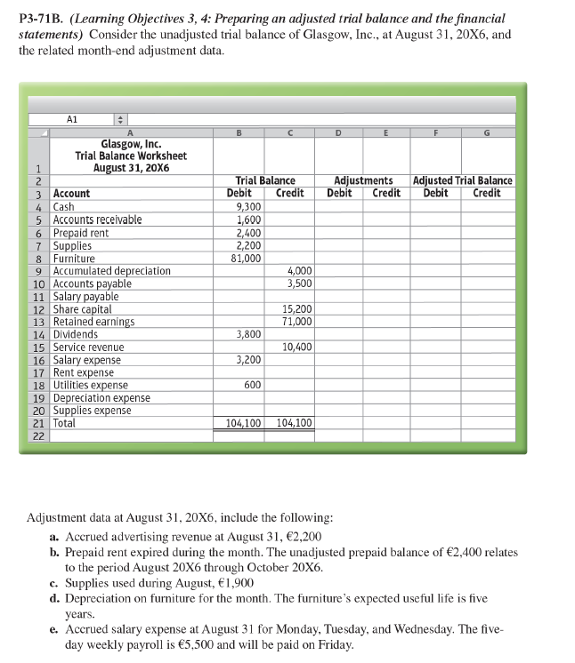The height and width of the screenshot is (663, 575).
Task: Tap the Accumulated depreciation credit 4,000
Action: tap(300, 271)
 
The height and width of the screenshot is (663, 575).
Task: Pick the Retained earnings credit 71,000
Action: tap(296, 322)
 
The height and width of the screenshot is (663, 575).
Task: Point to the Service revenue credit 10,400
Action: tap(296, 347)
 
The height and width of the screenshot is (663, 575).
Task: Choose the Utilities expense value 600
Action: tap(252, 385)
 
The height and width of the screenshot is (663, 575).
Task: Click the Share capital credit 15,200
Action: tap(296, 309)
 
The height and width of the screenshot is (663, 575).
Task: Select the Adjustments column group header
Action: tap(363, 180)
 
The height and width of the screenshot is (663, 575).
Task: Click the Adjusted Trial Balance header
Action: tap(463, 180)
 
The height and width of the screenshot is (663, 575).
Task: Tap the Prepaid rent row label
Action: tap(81, 233)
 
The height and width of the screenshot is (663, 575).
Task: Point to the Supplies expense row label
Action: tap(92, 411)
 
